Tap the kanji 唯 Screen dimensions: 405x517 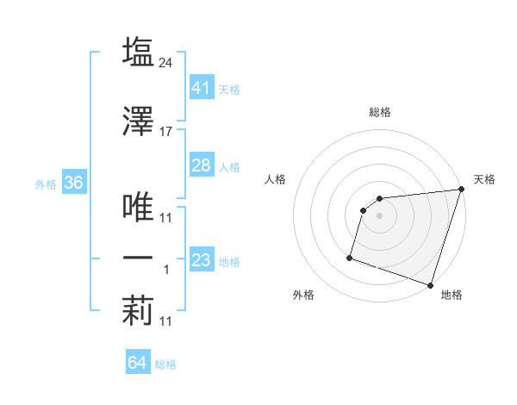(x=139, y=205)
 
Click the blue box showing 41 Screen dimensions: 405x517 (x=201, y=87)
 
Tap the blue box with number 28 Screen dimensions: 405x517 (x=201, y=165)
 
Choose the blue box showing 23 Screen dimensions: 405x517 (x=201, y=260)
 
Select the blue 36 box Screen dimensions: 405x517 (x=73, y=183)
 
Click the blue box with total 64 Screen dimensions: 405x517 (x=138, y=363)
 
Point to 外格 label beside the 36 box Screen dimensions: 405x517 (x=46, y=184)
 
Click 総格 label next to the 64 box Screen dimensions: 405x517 (x=165, y=364)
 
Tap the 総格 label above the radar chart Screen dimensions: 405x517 (x=380, y=112)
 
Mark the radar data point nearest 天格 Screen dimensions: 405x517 (x=461, y=190)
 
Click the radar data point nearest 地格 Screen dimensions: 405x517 (x=430, y=284)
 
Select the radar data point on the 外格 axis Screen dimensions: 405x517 (x=350, y=257)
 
